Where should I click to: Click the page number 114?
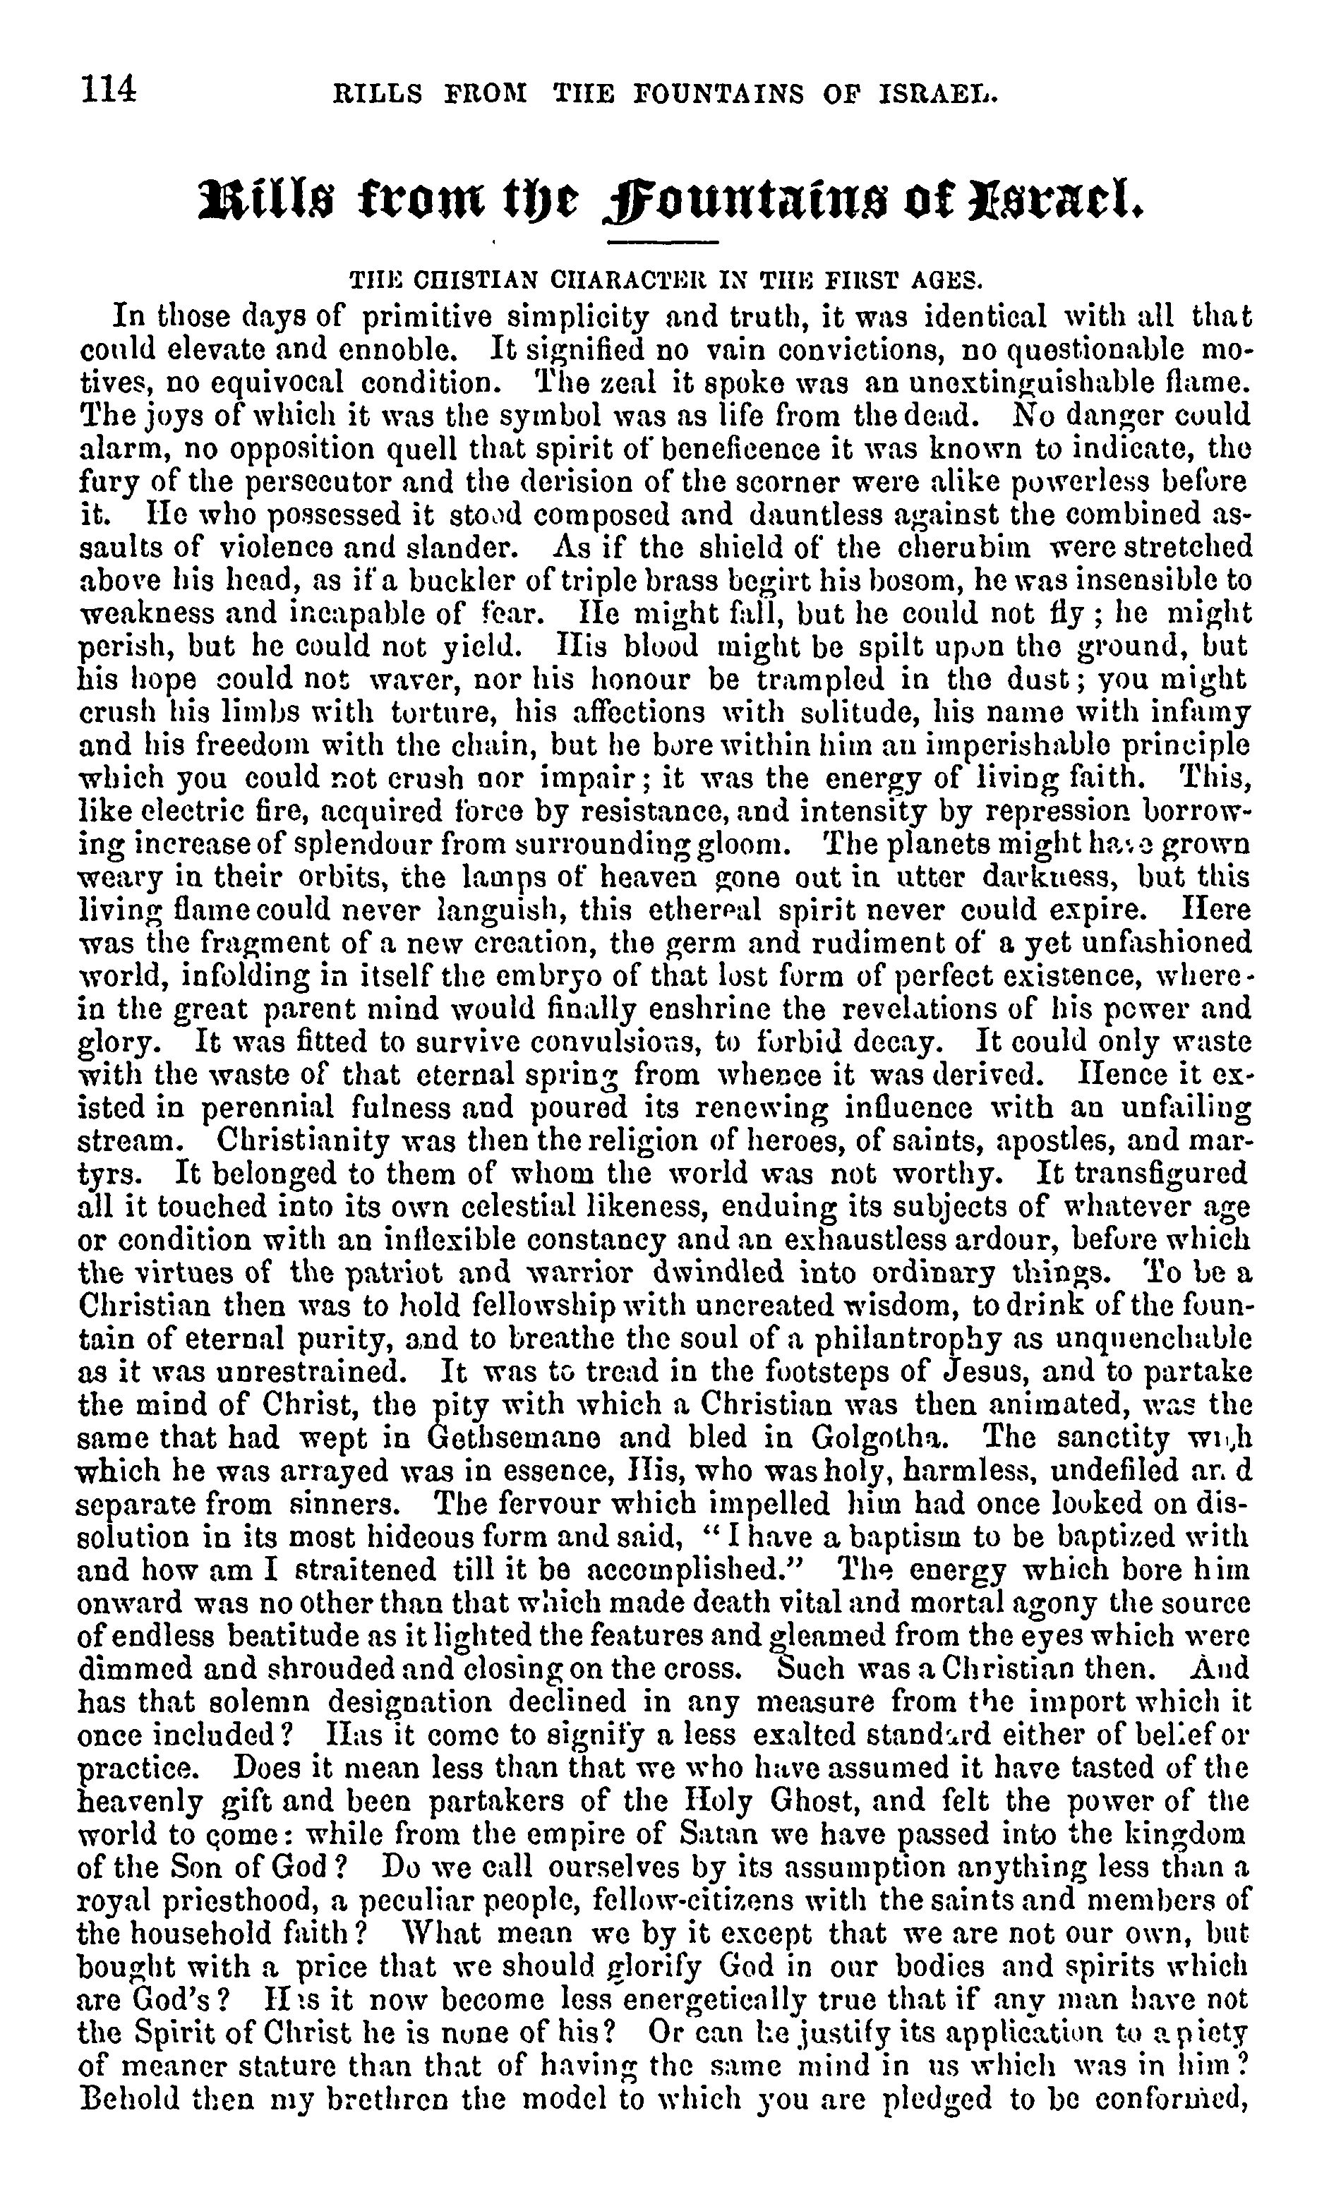click(109, 90)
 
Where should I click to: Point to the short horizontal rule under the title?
click(663, 242)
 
